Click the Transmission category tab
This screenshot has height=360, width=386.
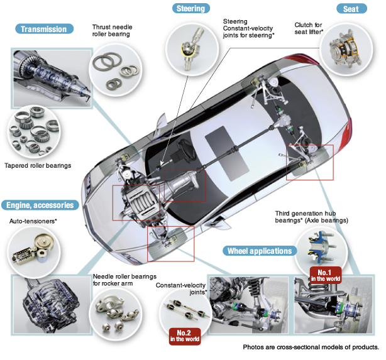coord(43,29)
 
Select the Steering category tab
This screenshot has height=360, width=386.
coord(190,9)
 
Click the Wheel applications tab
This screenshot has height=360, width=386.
coord(259,251)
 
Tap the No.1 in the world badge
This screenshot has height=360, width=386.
coord(326,275)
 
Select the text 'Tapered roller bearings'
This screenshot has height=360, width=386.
coord(38,165)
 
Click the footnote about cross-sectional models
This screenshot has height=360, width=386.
coord(311,347)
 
